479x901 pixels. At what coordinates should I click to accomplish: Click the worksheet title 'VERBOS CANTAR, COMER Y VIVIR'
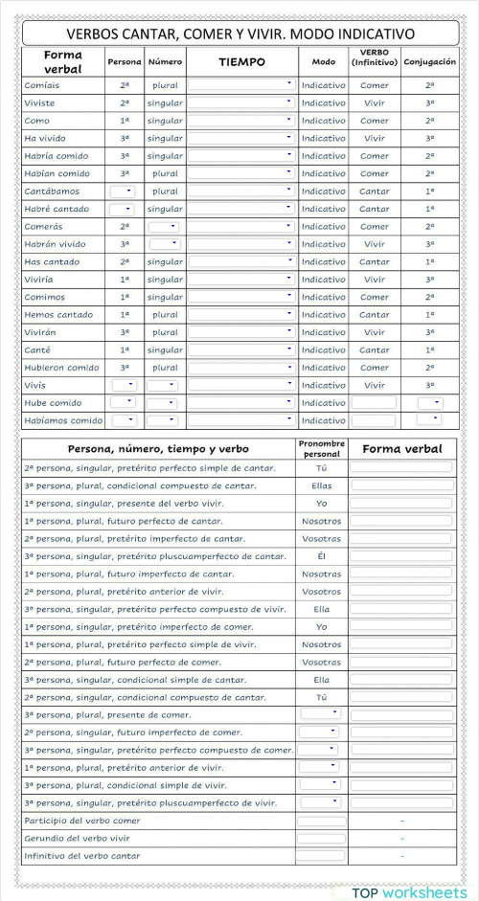click(x=239, y=34)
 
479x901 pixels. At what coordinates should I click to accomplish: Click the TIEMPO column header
click(x=241, y=61)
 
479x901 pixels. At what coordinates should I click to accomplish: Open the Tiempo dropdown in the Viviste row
click(x=240, y=102)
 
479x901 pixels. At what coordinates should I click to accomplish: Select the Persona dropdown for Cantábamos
click(x=123, y=191)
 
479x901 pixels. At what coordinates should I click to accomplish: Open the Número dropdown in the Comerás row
click(x=163, y=226)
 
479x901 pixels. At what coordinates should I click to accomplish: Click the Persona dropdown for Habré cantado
click(x=123, y=209)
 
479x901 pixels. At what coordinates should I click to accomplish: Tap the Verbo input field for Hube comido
click(x=374, y=403)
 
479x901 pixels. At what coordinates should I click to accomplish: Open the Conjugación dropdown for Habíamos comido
click(x=429, y=420)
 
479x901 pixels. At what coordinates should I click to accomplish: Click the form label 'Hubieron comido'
click(x=62, y=368)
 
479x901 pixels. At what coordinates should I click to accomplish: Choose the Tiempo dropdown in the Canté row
click(x=240, y=349)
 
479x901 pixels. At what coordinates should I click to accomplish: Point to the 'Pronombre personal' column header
click(x=321, y=448)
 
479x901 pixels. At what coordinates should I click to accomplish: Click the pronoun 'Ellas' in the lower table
click(x=321, y=485)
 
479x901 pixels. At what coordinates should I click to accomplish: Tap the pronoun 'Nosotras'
click(x=321, y=574)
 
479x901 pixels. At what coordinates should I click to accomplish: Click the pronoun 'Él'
click(x=321, y=555)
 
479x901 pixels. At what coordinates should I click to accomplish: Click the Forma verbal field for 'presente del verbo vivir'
click(x=401, y=503)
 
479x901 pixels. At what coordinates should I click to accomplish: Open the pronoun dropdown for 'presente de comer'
click(x=319, y=713)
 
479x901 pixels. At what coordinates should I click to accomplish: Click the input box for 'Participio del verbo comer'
click(x=321, y=821)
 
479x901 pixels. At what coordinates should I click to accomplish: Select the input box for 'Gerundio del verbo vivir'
click(x=321, y=838)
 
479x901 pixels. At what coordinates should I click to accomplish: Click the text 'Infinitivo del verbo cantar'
click(x=81, y=855)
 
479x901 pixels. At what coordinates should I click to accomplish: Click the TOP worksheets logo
click(x=409, y=892)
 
